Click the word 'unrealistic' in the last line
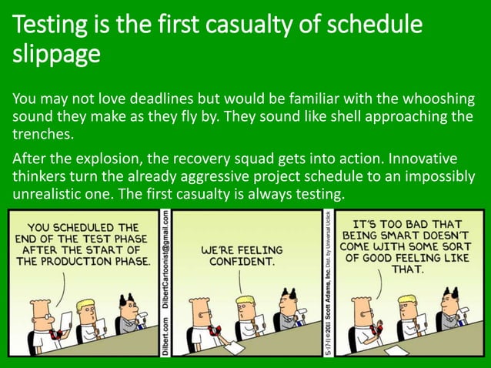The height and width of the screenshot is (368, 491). click(43, 194)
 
